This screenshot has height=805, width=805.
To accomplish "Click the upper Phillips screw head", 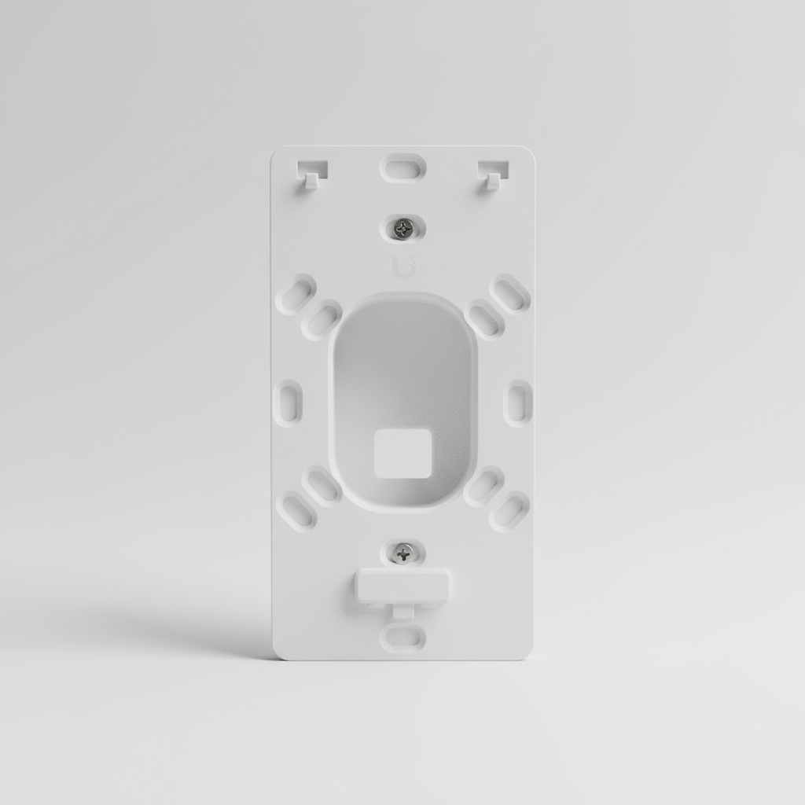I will click(x=403, y=228).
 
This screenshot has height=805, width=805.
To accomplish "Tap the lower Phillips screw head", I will click(x=403, y=553).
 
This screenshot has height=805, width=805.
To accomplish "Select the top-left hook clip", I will click(x=311, y=173).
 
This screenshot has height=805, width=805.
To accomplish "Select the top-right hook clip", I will click(x=494, y=173).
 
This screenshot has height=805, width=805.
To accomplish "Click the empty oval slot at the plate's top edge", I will click(x=402, y=167).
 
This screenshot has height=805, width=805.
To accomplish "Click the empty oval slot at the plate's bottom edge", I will click(x=402, y=636).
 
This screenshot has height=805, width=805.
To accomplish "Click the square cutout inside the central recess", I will click(x=402, y=453).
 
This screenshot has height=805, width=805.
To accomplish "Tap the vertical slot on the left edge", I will click(x=289, y=402).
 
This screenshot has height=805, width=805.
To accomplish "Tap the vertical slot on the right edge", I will click(x=518, y=402).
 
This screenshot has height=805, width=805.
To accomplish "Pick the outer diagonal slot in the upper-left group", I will click(x=296, y=294).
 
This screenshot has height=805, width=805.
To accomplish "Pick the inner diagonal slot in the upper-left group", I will click(x=322, y=319).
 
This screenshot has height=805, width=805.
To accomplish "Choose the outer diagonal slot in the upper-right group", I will click(x=509, y=294).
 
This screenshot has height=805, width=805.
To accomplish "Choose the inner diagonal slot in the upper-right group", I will click(x=484, y=319).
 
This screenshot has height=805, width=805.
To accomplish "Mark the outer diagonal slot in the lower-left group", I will click(x=298, y=511).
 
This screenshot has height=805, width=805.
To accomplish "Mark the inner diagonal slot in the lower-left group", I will click(x=322, y=486).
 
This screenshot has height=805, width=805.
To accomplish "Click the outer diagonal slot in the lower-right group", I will click(x=509, y=511).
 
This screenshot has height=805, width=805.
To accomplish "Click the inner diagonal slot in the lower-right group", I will click(x=483, y=486).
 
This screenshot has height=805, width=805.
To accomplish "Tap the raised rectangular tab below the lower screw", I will click(x=402, y=586).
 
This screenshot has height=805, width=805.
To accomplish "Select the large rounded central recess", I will click(x=402, y=369).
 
